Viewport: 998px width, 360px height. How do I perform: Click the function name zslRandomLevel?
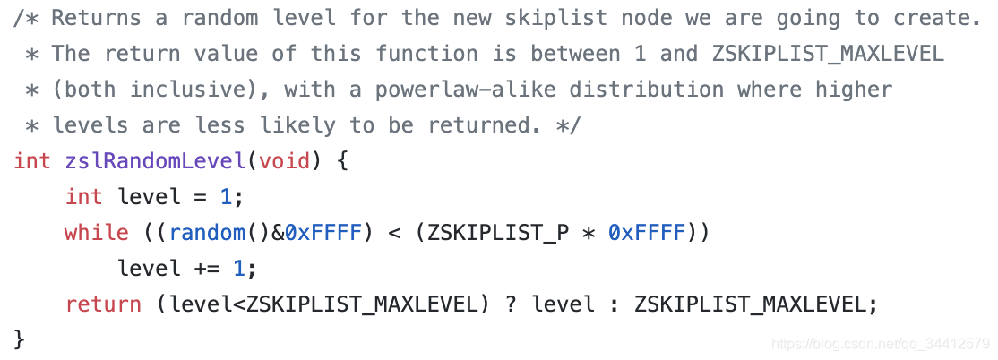(154, 161)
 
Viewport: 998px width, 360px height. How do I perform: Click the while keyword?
(96, 233)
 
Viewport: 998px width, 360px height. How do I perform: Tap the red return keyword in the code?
(102, 304)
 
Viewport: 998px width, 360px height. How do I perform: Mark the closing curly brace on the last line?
(20, 339)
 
